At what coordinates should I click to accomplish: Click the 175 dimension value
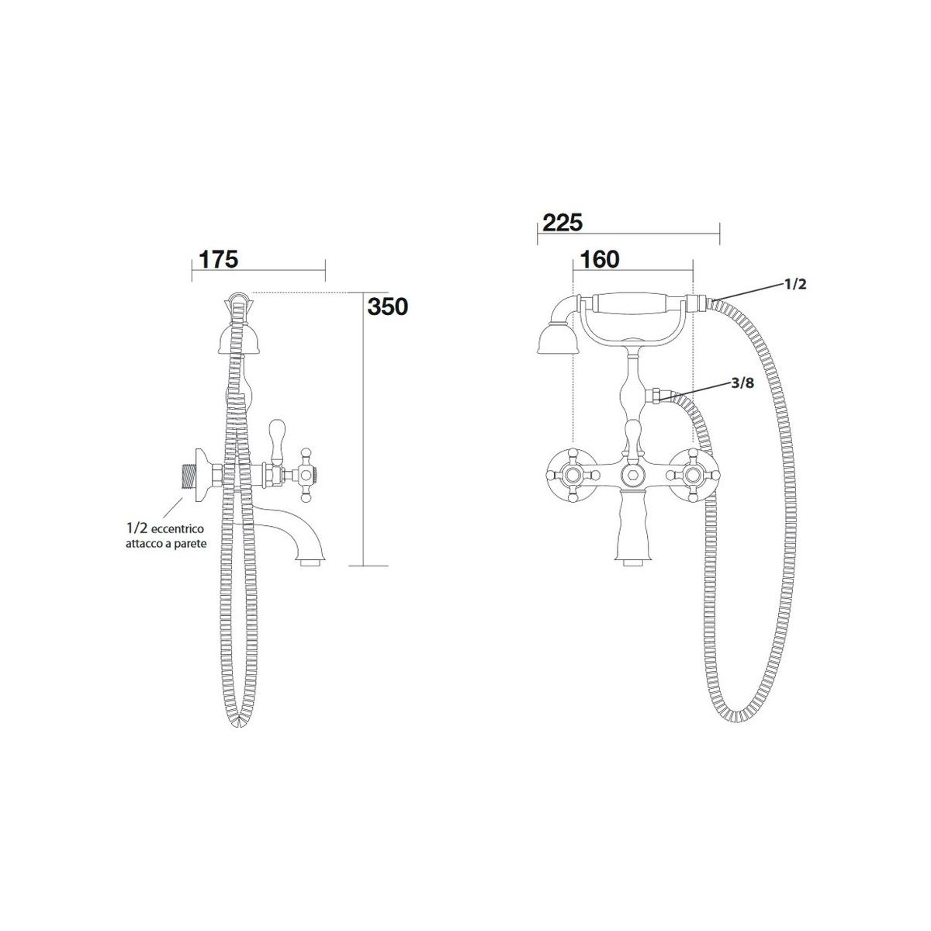coord(218,259)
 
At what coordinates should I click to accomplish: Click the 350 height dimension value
coord(387,306)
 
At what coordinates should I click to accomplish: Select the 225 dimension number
coord(562,223)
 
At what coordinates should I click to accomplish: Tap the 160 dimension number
coord(600,259)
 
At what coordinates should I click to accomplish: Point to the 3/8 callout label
coord(742,383)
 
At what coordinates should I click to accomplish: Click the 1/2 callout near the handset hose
coord(794,284)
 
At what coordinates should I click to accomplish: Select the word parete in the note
coord(192,544)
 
